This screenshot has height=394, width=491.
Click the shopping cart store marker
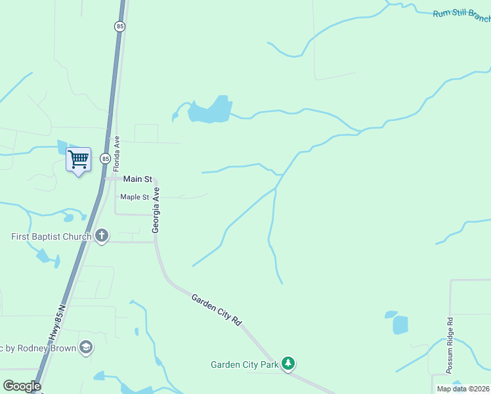click(x=78, y=160)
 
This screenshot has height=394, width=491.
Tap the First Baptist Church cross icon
click(x=101, y=236)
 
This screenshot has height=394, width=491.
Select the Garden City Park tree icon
click(x=288, y=364)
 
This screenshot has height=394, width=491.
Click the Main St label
click(x=138, y=179)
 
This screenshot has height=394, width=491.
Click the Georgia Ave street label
click(x=156, y=210)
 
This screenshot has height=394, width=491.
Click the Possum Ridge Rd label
click(x=450, y=345)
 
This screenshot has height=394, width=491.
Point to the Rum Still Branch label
click(x=461, y=15)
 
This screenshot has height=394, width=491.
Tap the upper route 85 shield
click(x=119, y=26)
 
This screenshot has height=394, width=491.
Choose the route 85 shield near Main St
click(x=105, y=159)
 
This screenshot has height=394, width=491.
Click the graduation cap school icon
click(x=85, y=347)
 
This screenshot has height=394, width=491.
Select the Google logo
click(x=22, y=386)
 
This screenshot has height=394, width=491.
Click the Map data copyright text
click(x=463, y=389)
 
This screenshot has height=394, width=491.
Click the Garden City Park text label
click(x=244, y=364)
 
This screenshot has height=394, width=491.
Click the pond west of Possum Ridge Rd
click(x=400, y=324)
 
